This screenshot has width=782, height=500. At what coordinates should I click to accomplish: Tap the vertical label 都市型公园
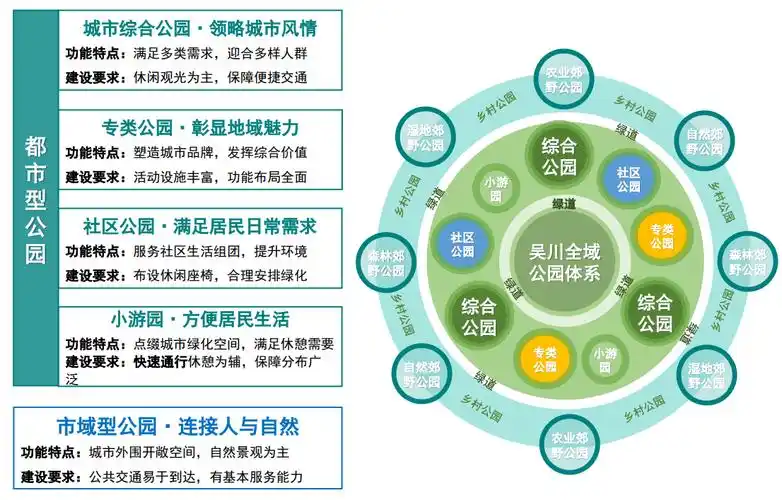coord(35,200)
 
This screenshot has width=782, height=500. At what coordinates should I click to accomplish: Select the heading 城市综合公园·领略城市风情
coord(201,27)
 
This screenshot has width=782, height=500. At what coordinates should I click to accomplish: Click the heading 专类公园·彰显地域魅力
coord(200,128)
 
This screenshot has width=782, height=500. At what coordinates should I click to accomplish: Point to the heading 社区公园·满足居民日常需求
coord(200,226)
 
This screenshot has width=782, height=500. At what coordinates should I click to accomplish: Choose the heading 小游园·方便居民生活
coord(200,320)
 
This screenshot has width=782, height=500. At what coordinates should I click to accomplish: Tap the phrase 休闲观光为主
coord(171,77)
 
